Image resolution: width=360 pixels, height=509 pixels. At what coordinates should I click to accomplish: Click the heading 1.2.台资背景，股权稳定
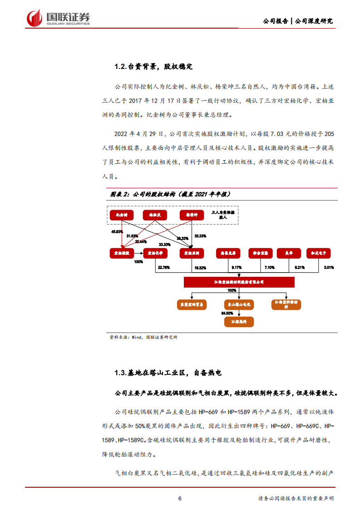coord(153,67)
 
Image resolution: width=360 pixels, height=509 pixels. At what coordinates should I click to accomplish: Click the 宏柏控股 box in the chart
coord(122,253)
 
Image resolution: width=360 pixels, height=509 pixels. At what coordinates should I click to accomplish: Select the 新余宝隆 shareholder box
coord(260,253)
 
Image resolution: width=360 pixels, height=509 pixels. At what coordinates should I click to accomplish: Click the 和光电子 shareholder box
coord(318,253)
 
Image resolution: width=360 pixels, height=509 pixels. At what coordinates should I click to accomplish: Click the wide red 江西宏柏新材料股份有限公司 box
coord(239,282)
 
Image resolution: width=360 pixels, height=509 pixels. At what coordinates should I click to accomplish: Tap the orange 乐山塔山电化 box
coord(239,304)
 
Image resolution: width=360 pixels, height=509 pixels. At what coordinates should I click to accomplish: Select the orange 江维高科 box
coord(239,322)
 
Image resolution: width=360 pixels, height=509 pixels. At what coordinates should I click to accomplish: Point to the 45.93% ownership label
coord(118,231)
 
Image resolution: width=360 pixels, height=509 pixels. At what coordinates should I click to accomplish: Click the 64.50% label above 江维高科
coord(227,313)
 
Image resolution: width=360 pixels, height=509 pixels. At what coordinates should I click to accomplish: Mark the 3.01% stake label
coord(329,268)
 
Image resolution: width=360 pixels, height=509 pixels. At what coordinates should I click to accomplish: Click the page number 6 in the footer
coord(180,498)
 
